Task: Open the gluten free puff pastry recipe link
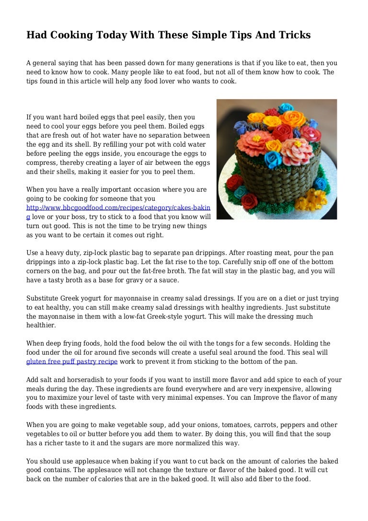coord(72,361)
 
